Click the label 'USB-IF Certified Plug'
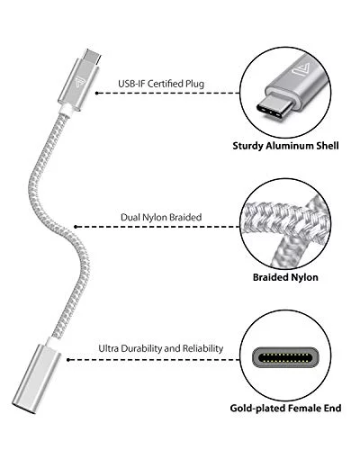[x=161, y=84]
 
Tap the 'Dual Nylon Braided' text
[x=161, y=217]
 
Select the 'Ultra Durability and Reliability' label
[x=161, y=348]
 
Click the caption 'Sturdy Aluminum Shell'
[x=285, y=146]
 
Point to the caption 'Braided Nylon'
[x=285, y=277]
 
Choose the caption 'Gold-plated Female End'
[x=285, y=409]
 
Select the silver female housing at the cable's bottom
[x=37, y=380]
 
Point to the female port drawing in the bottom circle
[x=285, y=357]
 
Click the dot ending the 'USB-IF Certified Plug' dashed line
[x=96, y=93]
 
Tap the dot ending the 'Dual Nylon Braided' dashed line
[x=76, y=227]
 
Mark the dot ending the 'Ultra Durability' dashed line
[x=68, y=360]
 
